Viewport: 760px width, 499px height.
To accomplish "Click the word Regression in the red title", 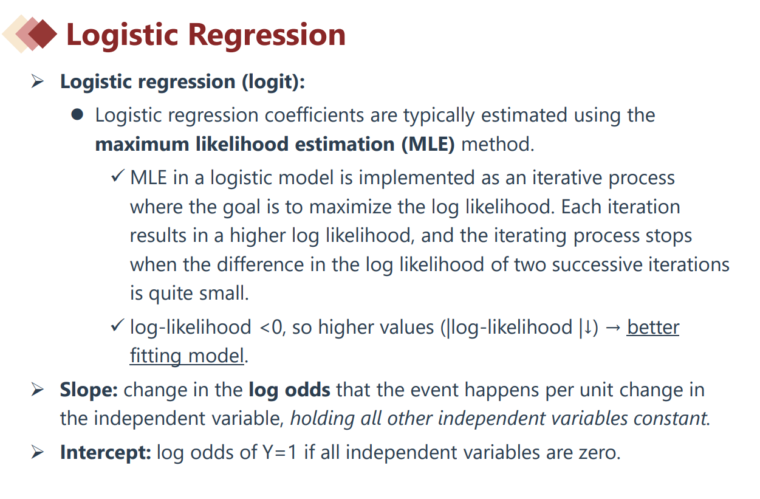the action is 267,35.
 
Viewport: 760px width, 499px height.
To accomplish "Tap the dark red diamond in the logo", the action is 43,34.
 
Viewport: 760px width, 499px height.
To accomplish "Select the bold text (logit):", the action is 273,82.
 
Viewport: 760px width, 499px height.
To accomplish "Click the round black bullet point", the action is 77,114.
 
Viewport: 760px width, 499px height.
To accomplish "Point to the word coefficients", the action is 314,115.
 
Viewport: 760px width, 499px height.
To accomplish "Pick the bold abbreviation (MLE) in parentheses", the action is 428,144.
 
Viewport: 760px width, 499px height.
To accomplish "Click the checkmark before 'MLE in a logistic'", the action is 118,176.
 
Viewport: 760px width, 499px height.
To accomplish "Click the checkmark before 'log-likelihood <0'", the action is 118,325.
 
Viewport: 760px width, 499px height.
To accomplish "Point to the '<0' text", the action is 271,328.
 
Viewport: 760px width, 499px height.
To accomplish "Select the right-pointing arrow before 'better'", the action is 613,328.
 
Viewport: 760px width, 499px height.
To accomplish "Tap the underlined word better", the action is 653,327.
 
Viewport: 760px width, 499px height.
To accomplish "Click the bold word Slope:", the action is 89,390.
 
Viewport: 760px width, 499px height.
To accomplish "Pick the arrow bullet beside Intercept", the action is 37,452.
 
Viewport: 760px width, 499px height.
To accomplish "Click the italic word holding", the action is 323,418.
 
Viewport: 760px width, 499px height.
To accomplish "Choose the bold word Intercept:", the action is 106,452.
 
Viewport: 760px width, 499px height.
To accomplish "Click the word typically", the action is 439,115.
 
